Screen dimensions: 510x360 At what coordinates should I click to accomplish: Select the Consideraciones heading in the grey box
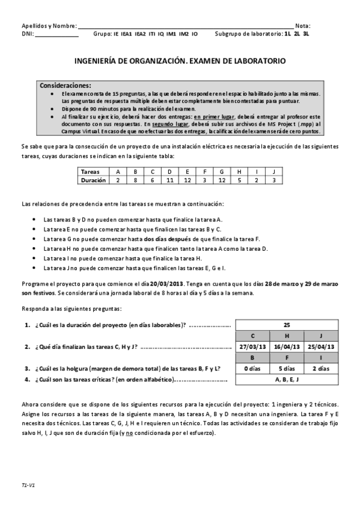[x=66, y=85]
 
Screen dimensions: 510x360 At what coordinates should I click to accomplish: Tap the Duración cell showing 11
[x=169, y=179]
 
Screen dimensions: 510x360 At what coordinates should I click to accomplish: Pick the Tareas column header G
[x=222, y=171]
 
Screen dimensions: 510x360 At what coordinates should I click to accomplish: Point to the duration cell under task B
[x=135, y=179]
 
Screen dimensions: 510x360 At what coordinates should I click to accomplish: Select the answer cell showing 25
[x=287, y=325]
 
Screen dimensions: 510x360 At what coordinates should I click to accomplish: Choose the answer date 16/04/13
[x=287, y=346]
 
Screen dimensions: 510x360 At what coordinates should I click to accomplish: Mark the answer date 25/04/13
[x=322, y=346]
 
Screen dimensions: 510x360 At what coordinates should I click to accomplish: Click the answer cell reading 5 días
[x=287, y=368]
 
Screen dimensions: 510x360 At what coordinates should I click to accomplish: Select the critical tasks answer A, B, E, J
[x=287, y=379]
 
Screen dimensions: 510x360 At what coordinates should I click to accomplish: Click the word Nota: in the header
[x=304, y=26]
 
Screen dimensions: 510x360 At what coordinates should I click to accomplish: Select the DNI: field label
[x=28, y=34]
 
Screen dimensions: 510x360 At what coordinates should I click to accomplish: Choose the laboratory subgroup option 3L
[x=307, y=34]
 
